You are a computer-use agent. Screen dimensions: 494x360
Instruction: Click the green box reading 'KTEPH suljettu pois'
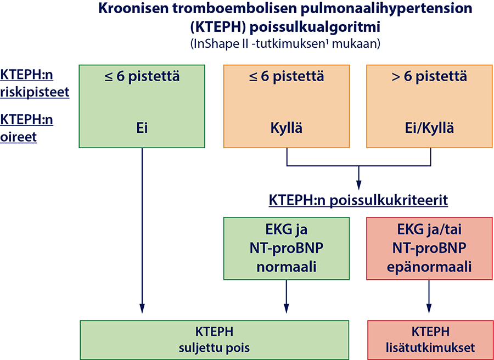point(214,340)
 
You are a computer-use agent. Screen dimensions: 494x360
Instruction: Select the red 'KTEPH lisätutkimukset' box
point(430,340)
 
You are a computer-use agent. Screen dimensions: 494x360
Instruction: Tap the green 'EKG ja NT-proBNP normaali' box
point(287,248)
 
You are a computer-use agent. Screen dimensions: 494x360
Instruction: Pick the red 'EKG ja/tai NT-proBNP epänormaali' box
point(429,248)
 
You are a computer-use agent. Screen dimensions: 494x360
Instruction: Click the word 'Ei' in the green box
point(142,128)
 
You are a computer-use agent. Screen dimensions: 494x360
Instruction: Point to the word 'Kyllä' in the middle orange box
point(287,128)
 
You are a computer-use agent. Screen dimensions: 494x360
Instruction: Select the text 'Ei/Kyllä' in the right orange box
point(429,128)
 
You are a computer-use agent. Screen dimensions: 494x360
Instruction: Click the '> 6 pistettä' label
point(429,77)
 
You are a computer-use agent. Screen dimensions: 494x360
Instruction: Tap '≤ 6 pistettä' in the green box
point(142,77)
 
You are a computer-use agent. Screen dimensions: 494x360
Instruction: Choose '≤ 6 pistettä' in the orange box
point(287,77)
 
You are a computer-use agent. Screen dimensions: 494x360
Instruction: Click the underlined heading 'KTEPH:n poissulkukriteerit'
point(358,200)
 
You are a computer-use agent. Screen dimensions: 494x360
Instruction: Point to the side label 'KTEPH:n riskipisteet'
point(35,83)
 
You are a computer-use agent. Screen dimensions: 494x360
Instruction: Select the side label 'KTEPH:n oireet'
point(26,128)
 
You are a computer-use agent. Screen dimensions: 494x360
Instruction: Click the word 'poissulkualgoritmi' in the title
point(315,27)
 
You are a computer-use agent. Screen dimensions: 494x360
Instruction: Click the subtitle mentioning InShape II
point(285,43)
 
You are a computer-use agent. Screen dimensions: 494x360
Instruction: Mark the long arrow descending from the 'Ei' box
point(142,230)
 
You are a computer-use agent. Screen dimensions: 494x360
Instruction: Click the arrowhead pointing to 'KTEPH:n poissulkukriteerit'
point(358,184)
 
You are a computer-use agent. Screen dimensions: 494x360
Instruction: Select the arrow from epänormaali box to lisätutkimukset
point(429,296)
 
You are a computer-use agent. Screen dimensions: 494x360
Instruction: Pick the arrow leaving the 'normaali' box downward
point(287,296)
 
